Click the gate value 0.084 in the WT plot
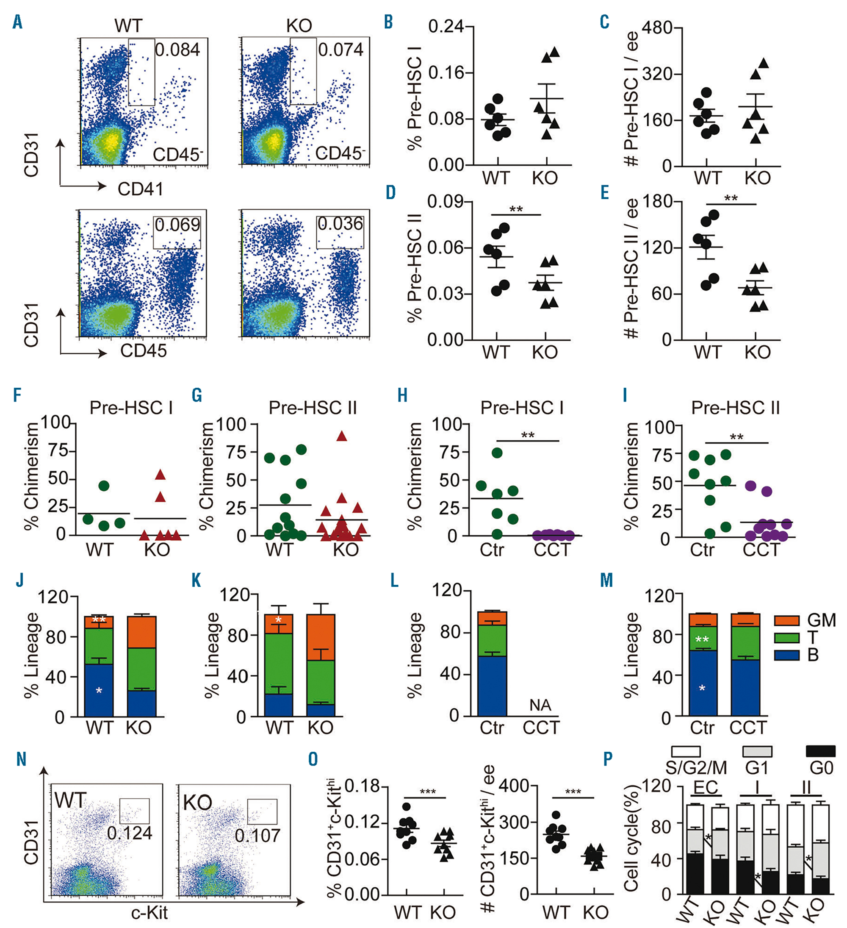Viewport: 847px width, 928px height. click(x=177, y=49)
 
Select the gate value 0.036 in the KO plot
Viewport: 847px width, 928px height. click(x=340, y=224)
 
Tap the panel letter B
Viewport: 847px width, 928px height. click(x=388, y=22)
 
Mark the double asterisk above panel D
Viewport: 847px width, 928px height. click(x=516, y=209)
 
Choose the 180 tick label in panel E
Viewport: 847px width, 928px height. click(x=659, y=202)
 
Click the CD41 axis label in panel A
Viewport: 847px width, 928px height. click(x=140, y=189)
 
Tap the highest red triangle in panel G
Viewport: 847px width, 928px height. click(x=341, y=436)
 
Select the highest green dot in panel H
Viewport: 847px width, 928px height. click(x=497, y=453)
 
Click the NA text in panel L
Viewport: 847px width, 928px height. click(x=540, y=705)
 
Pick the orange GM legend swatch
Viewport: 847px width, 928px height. click(x=787, y=620)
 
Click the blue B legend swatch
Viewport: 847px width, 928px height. click(x=787, y=655)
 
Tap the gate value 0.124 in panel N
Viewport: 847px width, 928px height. click(x=129, y=833)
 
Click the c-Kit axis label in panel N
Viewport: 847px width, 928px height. click(x=149, y=912)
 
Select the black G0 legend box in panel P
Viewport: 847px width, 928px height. click(x=821, y=751)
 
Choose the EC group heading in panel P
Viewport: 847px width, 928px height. click(x=706, y=788)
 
